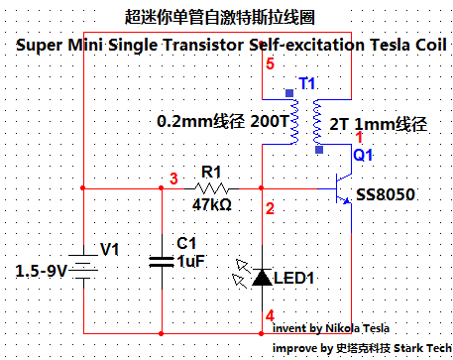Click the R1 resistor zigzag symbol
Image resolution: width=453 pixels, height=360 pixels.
coord(211,188)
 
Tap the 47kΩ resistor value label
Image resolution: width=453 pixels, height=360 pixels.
coord(212,204)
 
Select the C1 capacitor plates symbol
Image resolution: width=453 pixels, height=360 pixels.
coord(162,262)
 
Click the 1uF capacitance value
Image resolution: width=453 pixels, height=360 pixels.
coord(191,261)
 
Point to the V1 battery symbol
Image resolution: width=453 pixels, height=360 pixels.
coord(83,267)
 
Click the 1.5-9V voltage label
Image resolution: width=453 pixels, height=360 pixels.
coord(41,271)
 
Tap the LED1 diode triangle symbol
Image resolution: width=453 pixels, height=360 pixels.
coord(262,277)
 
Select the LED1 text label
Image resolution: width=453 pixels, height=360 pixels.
coord(293,278)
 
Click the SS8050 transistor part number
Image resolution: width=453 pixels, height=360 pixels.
coord(386,194)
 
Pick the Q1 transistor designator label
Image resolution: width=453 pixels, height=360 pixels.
coord(363,155)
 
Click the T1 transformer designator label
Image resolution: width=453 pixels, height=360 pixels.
coord(307,83)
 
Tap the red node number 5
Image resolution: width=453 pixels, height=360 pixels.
coord(270,63)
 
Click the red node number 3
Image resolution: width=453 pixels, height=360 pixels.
coord(173,179)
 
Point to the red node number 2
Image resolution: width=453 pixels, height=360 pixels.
coord(270,208)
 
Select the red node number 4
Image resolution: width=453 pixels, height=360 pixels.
coord(270,315)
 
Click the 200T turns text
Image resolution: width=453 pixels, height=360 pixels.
coord(270,121)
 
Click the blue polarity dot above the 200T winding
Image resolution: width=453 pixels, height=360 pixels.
coord(289,93)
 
